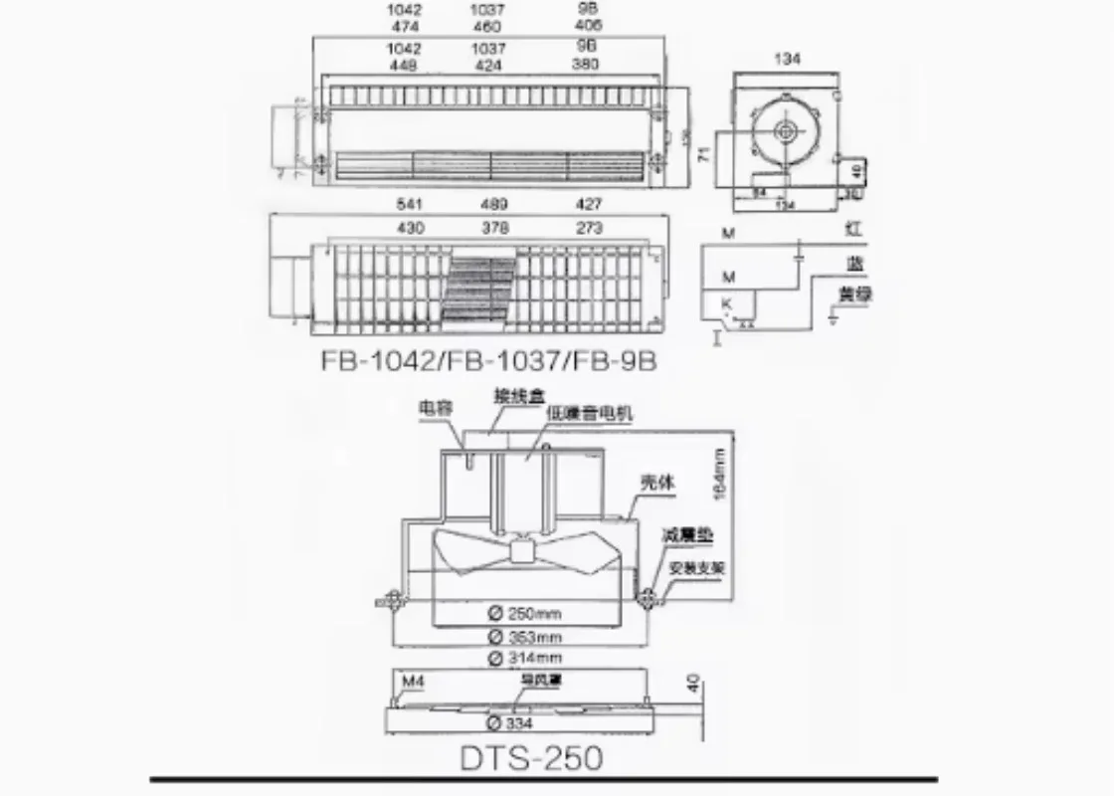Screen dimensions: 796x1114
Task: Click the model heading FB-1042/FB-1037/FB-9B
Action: point(488,360)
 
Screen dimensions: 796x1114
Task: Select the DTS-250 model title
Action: point(531,757)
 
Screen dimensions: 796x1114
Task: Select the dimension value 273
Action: point(588,228)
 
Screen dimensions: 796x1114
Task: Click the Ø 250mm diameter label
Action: point(525,614)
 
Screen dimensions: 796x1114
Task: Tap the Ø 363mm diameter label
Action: point(525,637)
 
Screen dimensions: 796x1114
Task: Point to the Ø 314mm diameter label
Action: point(525,659)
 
